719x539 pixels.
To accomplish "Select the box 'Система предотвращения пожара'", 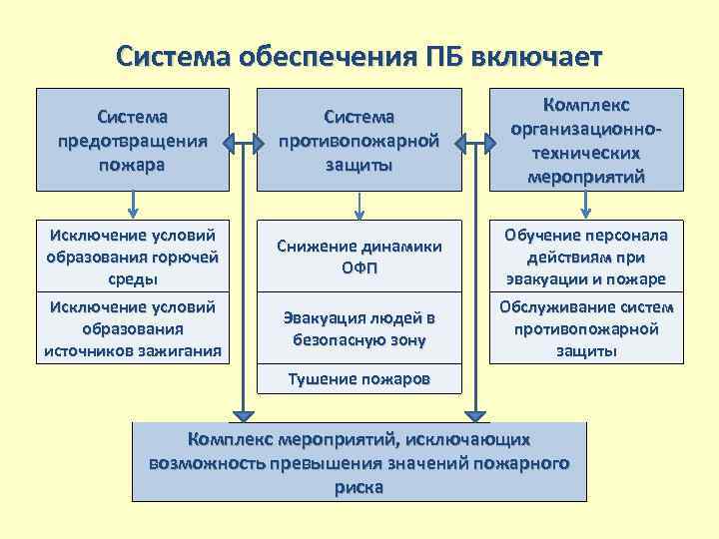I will point(133,140).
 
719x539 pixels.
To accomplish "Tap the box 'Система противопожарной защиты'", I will point(359,140).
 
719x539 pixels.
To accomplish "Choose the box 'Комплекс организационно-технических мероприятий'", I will point(586,140).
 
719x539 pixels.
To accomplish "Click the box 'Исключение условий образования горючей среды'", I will point(133,256).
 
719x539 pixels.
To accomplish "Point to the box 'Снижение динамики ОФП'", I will point(359,256).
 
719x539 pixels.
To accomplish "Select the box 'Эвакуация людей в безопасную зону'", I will point(359,328).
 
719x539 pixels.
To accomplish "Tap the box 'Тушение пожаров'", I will point(359,379).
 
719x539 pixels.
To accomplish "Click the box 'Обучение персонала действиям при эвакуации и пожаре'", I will point(586,256).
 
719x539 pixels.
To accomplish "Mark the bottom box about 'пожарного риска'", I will point(359,462).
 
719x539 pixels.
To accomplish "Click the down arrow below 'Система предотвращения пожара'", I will point(133,205).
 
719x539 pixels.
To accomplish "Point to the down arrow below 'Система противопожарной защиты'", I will point(359,205).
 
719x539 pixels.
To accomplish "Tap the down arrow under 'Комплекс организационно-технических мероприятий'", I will point(586,205).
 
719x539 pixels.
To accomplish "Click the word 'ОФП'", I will point(359,268).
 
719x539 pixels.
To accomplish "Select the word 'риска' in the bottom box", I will point(359,487).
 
